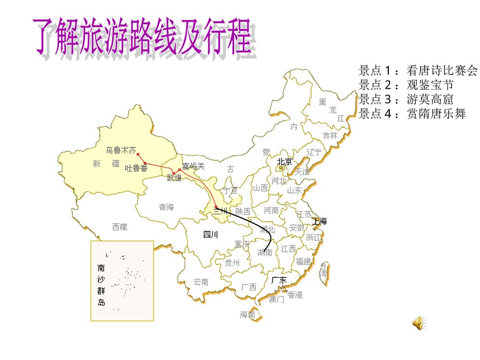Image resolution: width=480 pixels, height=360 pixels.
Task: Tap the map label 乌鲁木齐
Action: pyautogui.click(x=121, y=150)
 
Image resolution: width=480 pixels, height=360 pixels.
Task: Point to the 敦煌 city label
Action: pyautogui.click(x=174, y=179)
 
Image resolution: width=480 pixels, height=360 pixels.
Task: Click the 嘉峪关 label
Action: pyautogui.click(x=193, y=166)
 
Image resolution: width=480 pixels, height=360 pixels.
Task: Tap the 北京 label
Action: pyautogui.click(x=284, y=162)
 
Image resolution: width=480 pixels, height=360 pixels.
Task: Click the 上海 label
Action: pyautogui.click(x=319, y=221)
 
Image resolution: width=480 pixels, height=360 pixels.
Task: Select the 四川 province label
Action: pyautogui.click(x=210, y=235)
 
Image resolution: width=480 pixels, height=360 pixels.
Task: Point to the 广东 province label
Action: pyautogui.click(x=279, y=280)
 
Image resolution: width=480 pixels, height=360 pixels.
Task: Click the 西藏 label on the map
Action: pyautogui.click(x=120, y=227)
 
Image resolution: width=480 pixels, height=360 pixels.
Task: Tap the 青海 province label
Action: pyautogui.click(x=167, y=207)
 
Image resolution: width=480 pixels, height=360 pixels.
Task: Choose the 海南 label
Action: pyautogui.click(x=248, y=315)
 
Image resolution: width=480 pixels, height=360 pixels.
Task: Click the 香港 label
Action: pyautogui.click(x=295, y=295)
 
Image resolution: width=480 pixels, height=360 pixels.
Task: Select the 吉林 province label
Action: pyautogui.click(x=330, y=135)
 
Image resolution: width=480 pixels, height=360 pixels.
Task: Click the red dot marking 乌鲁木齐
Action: pyautogui.click(x=138, y=154)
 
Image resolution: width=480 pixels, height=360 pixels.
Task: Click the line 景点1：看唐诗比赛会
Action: pyautogui.click(x=418, y=71)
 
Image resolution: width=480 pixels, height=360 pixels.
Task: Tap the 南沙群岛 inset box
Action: pyautogui.click(x=122, y=280)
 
